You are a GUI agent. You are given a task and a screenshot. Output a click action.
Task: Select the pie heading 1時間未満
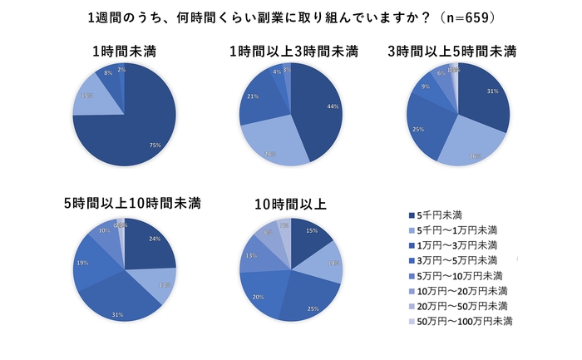126,52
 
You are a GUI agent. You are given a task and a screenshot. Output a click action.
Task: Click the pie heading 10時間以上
291,202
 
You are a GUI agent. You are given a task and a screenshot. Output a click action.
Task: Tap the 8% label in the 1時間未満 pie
109,74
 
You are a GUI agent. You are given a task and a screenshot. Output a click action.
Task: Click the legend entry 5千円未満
441,215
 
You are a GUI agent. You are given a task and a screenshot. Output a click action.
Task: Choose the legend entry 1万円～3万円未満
456,245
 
